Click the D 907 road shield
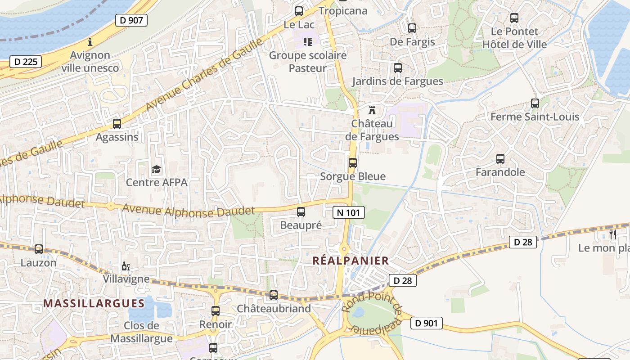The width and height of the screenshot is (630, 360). [x=131, y=20]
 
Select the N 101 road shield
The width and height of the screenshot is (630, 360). [x=349, y=212]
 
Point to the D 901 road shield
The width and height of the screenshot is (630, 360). [x=426, y=323]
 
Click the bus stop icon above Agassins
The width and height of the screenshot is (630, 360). [x=117, y=123]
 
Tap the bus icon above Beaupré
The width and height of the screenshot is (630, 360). [x=301, y=211]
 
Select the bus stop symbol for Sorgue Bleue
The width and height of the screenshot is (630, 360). [x=353, y=162]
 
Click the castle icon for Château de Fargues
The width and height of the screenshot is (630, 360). [x=372, y=110]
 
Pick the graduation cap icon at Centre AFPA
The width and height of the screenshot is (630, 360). [x=156, y=169]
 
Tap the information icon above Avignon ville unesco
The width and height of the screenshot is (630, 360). [x=90, y=42]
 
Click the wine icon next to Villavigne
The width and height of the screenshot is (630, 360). [x=126, y=267]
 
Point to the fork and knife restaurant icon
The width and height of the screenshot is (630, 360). [x=612, y=234]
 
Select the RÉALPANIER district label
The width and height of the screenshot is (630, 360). [x=351, y=261]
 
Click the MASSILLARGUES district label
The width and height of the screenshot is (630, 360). [x=94, y=303]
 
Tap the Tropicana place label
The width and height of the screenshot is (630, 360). [x=343, y=11]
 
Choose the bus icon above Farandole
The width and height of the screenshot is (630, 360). [x=500, y=158]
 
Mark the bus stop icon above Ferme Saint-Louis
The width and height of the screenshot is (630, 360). [x=535, y=103]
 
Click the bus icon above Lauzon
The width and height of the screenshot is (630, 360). [x=39, y=249]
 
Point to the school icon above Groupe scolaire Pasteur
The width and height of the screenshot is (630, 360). [x=308, y=42]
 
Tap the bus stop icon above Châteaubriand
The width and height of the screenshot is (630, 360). [x=274, y=295]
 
